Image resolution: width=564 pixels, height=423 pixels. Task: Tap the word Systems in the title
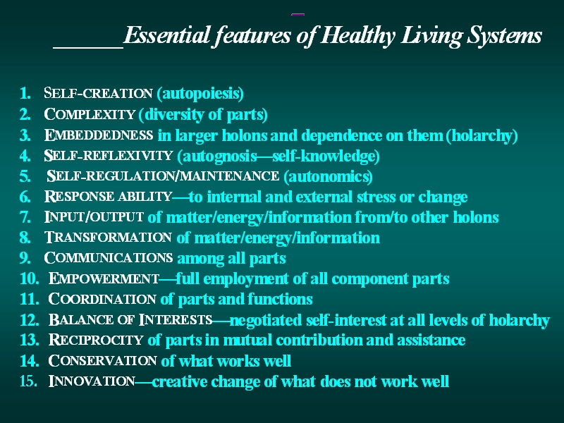[504, 36]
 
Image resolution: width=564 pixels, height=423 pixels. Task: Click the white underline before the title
[88, 47]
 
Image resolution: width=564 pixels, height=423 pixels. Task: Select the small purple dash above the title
[298, 14]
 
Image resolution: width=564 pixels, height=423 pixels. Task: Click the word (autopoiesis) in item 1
[200, 94]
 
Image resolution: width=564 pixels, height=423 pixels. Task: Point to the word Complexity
[90, 114]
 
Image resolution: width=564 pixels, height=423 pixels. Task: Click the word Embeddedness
[99, 135]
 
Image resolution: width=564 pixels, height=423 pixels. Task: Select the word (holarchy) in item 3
[482, 135]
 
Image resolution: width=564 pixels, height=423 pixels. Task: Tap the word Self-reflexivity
[109, 155]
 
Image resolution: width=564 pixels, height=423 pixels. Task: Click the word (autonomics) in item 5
[328, 176]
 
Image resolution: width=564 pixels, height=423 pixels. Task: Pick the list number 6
[25, 197]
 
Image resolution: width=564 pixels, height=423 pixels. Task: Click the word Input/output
[94, 217]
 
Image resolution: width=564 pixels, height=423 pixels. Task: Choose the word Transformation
[108, 238]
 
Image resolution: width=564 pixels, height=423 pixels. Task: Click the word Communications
[109, 258]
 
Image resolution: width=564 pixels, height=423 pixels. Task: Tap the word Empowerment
[104, 278]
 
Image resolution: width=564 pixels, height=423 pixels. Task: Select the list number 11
[29, 299]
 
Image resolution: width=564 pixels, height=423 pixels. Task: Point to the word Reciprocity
[96, 340]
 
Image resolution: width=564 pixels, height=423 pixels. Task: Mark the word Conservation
[102, 361]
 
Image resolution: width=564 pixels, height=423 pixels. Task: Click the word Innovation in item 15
[92, 381]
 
